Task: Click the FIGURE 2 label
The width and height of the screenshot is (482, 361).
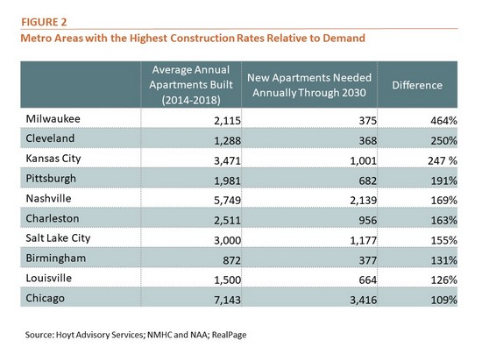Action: click(44, 22)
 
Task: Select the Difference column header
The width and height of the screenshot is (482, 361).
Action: click(417, 85)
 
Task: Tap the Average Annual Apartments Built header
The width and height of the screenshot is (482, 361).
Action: click(191, 85)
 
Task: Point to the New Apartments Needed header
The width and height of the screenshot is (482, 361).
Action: click(309, 85)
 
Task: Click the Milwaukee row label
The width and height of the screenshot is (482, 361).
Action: click(53, 118)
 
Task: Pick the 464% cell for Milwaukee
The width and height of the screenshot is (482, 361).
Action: click(443, 121)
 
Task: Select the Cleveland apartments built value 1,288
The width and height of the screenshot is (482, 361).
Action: click(227, 141)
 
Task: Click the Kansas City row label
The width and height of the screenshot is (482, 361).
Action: click(53, 159)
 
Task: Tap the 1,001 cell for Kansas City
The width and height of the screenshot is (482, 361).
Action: click(363, 160)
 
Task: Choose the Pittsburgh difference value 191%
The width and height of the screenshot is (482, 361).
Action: click(443, 180)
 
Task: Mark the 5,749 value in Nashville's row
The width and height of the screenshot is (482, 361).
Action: click(227, 201)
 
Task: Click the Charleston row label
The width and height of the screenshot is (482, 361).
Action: click(53, 218)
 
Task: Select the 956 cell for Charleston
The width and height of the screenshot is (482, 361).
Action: click(368, 220)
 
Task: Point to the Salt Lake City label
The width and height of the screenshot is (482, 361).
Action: click(58, 238)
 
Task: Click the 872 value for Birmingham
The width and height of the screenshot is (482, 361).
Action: click(231, 260)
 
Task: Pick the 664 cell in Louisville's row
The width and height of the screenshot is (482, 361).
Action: click(368, 280)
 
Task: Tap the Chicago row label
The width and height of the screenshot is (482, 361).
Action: click(46, 298)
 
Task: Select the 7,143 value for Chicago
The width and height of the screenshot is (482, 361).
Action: click(227, 301)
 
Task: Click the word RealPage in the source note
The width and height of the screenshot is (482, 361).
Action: click(229, 335)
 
